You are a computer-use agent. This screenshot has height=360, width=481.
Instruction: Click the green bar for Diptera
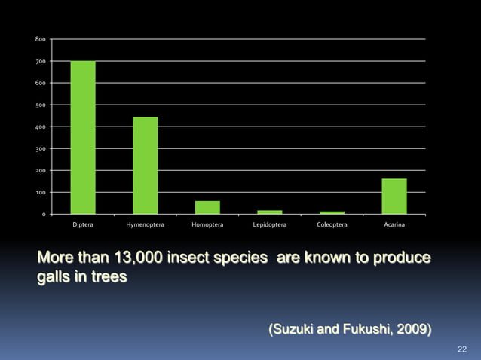click(x=83, y=137)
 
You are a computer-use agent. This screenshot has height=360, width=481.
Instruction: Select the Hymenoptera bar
click(x=145, y=166)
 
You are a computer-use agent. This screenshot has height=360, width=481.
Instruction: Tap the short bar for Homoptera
click(x=207, y=207)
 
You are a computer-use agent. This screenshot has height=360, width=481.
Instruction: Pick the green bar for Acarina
click(x=394, y=196)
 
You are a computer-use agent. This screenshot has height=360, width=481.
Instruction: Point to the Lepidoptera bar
click(x=269, y=212)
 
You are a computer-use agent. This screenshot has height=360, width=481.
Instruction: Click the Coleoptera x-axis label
click(x=332, y=224)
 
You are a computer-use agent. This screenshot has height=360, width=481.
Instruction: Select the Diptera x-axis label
click(x=83, y=224)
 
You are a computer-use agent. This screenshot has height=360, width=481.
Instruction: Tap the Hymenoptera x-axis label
click(x=146, y=224)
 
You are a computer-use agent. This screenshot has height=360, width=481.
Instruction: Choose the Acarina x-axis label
click(x=394, y=224)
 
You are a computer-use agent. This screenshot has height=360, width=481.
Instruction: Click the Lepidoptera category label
click(x=269, y=224)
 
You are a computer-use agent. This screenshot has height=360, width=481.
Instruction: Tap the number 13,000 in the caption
click(x=132, y=259)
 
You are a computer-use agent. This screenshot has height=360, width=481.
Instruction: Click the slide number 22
click(x=463, y=349)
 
